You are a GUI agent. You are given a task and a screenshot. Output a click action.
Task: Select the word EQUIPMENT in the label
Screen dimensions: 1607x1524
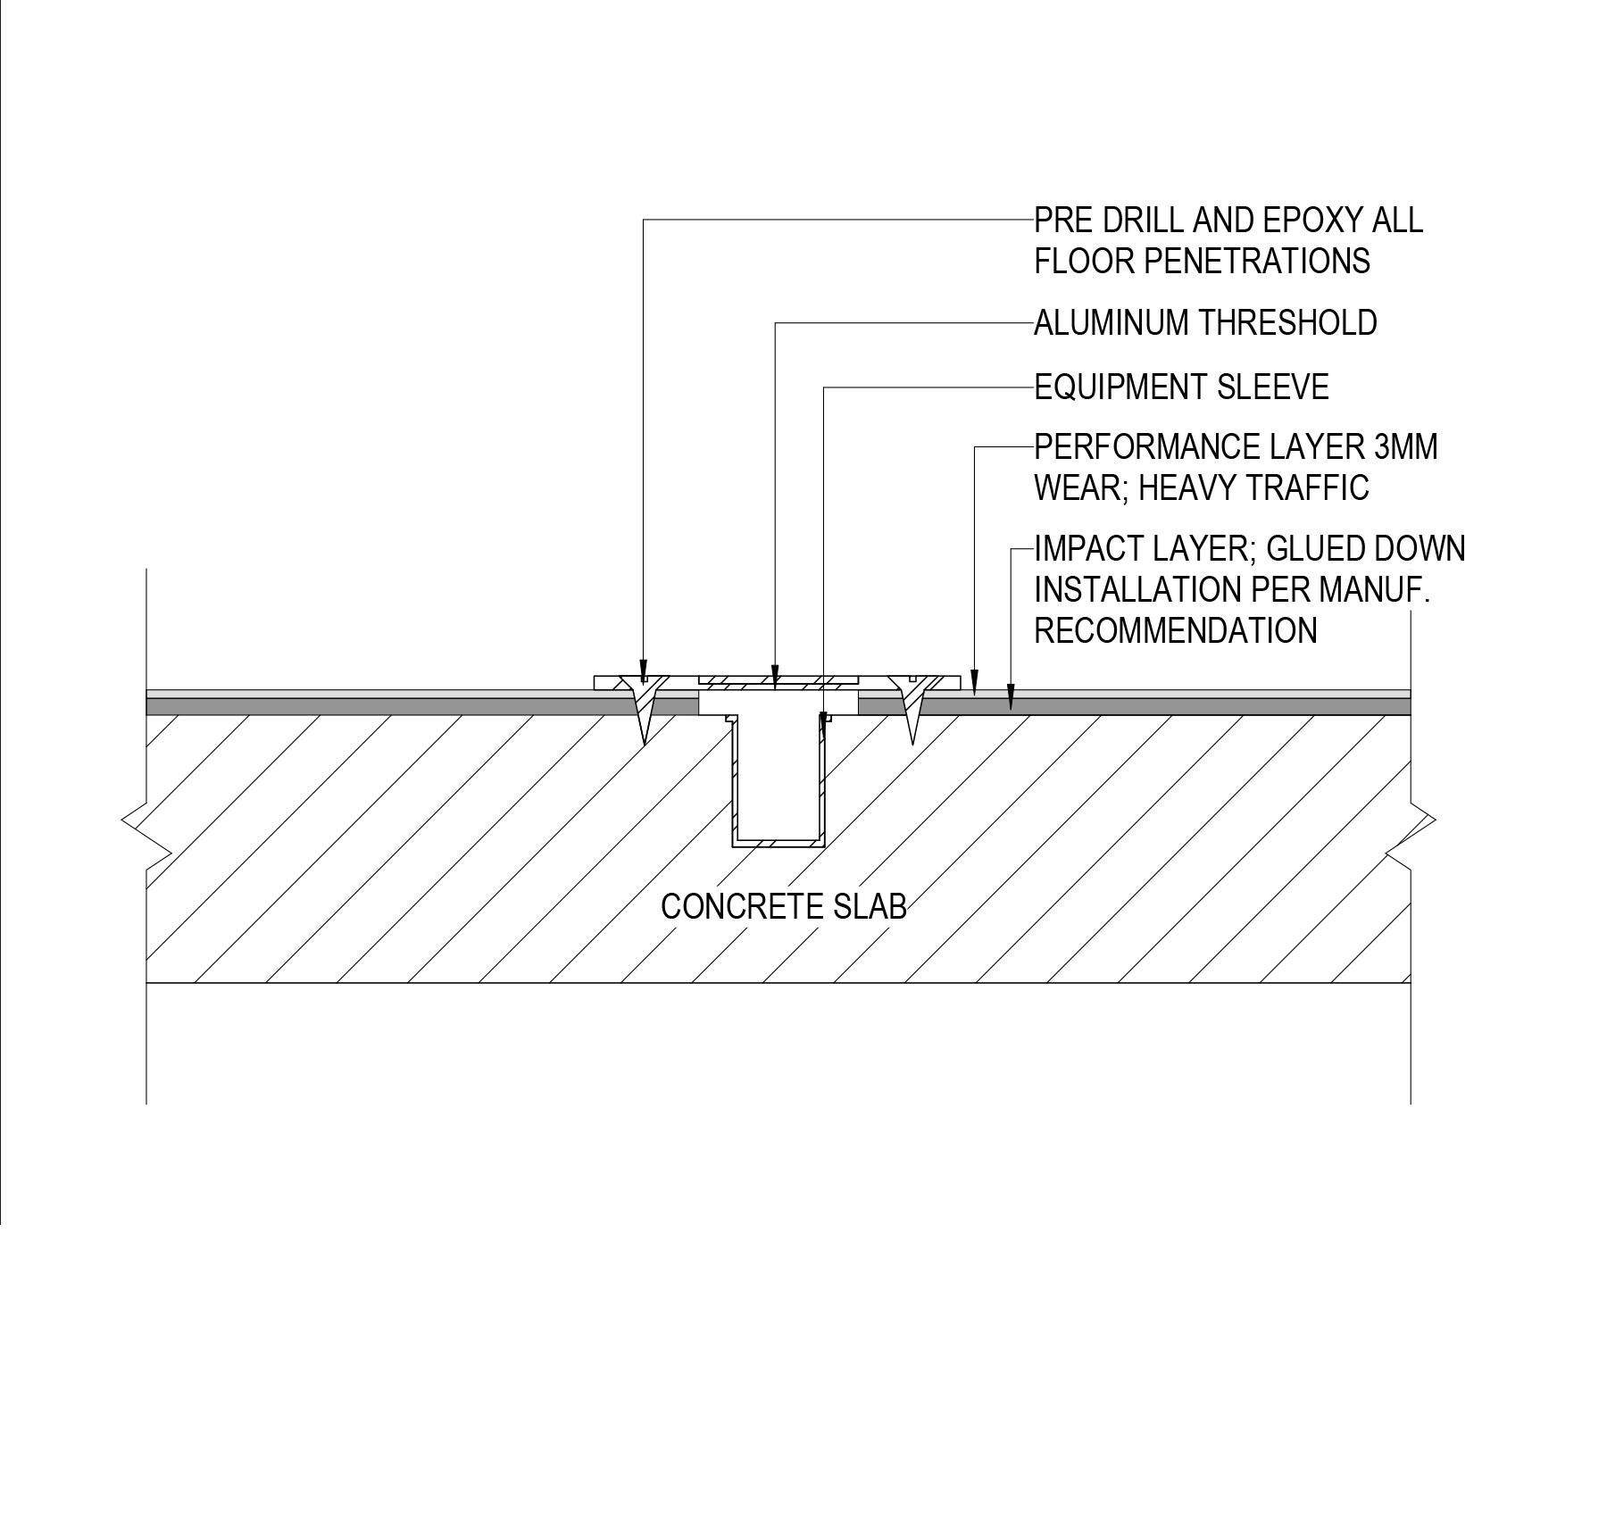[1120, 387]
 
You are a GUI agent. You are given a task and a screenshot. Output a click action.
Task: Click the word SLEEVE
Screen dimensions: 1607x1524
[1273, 387]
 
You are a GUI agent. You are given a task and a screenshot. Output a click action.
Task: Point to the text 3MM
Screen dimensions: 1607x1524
[1405, 446]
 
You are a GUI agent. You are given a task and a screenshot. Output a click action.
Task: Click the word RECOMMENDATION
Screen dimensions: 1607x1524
[1175, 630]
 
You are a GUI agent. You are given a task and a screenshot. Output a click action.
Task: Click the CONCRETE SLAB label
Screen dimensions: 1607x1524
[783, 907]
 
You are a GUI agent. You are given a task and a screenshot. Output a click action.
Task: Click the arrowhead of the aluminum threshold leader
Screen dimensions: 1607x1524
[775, 676]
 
